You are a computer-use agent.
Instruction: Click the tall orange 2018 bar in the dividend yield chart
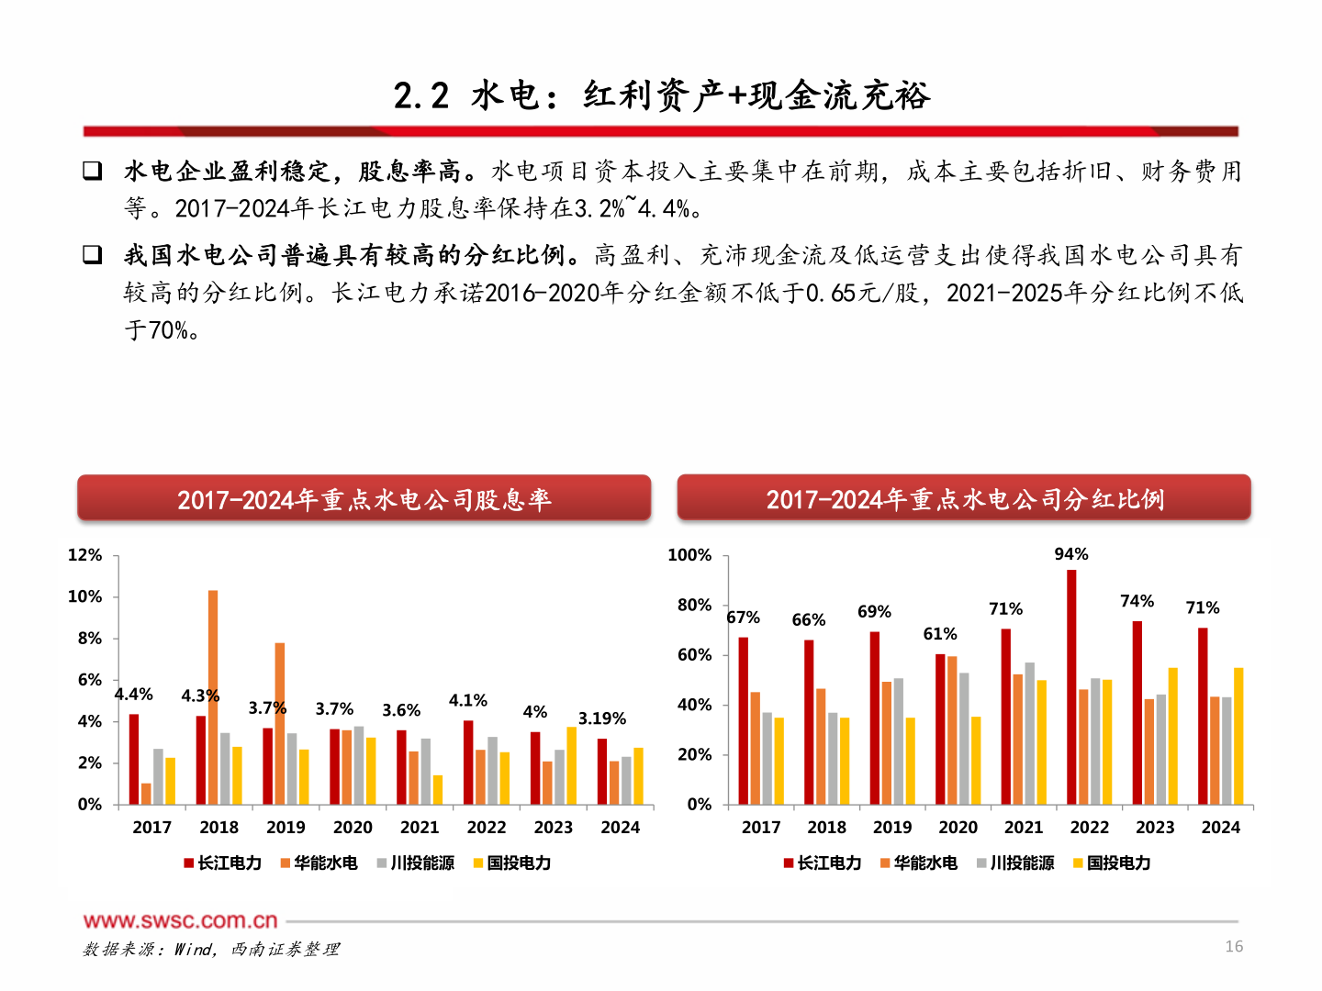(x=213, y=697)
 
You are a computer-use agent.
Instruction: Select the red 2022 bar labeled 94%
(x=1071, y=687)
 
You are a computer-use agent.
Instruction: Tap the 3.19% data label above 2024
(x=601, y=718)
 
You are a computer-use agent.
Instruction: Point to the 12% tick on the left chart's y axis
(x=85, y=555)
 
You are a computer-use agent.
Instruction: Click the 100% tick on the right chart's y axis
(x=689, y=555)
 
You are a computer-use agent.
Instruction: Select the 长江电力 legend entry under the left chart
(x=223, y=863)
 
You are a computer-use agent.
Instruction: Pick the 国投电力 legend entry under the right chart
(x=1112, y=863)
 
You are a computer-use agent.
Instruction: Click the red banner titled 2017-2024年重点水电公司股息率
(x=364, y=498)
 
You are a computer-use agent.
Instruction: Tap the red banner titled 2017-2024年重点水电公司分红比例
(x=964, y=498)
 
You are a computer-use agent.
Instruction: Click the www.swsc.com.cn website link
(x=180, y=920)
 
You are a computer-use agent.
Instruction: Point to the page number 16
(x=1234, y=946)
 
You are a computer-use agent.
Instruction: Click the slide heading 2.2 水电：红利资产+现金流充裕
(x=661, y=95)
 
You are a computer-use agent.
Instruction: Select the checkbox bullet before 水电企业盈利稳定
(x=93, y=171)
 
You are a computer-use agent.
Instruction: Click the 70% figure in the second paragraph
(x=168, y=330)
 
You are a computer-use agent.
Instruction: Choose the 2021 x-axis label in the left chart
(x=420, y=827)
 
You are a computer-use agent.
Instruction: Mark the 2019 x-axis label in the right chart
(x=892, y=827)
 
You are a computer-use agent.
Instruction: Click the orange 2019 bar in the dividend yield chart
(x=280, y=724)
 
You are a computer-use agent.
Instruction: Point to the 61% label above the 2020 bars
(x=940, y=634)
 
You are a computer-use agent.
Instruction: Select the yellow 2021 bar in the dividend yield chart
(x=438, y=790)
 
